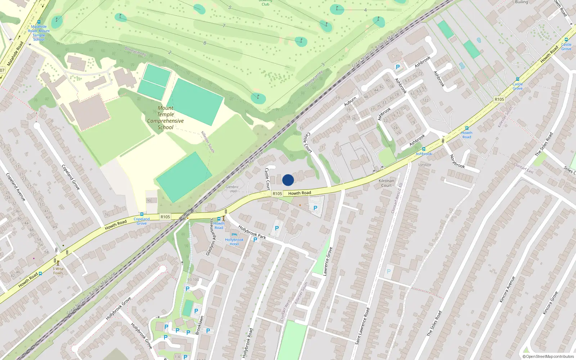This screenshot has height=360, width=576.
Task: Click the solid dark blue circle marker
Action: click(x=288, y=180)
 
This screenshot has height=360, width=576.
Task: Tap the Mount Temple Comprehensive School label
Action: click(x=165, y=118)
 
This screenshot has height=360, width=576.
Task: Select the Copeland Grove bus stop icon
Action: click(x=141, y=214)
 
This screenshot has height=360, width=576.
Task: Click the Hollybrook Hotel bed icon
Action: click(x=234, y=234)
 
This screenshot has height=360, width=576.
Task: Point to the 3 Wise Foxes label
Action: click(x=58, y=271)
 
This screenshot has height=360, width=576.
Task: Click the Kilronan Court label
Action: click(x=386, y=183)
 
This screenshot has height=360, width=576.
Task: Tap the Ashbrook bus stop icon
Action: click(x=423, y=149)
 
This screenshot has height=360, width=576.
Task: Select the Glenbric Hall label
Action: click(x=232, y=189)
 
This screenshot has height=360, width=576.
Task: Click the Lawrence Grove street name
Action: click(x=328, y=261)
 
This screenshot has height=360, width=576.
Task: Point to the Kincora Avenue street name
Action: click(x=507, y=289)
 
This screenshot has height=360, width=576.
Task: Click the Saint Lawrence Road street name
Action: click(x=362, y=326)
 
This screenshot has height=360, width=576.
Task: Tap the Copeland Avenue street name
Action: click(x=15, y=187)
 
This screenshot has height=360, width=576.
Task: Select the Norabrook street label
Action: click(x=457, y=161)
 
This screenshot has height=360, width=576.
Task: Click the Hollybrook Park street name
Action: click(x=252, y=232)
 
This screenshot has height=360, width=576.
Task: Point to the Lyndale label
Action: click(x=425, y=165)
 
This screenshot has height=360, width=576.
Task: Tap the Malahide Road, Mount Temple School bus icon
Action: click(x=39, y=22)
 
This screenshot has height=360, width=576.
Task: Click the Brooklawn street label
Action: click(x=199, y=325)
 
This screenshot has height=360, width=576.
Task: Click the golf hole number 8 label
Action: click(x=205, y=43)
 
